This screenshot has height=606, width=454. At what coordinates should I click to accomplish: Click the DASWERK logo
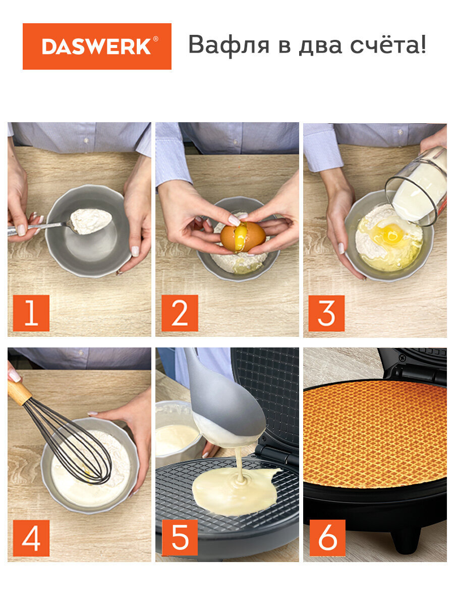pyautogui.click(x=97, y=46)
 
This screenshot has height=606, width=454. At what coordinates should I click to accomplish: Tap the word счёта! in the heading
pyautogui.click(x=388, y=44)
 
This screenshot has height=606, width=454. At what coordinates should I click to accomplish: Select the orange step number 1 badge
pyautogui.click(x=31, y=313)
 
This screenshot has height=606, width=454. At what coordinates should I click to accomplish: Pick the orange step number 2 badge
pyautogui.click(x=180, y=313)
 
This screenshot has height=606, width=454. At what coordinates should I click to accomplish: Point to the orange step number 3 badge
pyautogui.click(x=326, y=313)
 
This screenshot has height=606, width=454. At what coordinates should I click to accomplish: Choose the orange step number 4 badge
pyautogui.click(x=31, y=538)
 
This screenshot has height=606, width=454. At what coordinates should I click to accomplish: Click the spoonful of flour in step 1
pyautogui.click(x=91, y=221)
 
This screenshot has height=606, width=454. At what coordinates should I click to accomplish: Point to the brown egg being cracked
pyautogui.click(x=243, y=237)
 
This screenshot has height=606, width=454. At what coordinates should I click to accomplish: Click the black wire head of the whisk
pyautogui.click(x=69, y=441)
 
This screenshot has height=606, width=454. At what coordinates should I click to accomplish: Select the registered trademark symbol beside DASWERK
pyautogui.click(x=155, y=39)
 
